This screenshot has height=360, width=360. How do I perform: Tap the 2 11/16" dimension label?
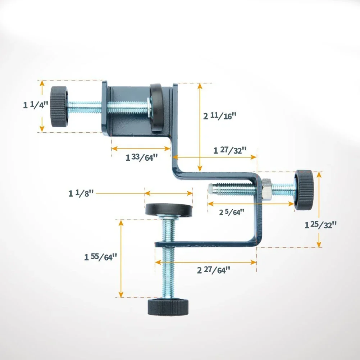coord(220,116)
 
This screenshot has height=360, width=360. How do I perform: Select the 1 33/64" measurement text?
coord(142,157)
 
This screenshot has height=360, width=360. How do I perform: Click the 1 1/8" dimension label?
coord(81,193)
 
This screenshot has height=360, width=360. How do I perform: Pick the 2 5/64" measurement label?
coord(232,212)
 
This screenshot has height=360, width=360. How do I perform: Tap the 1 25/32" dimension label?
coord(320,225)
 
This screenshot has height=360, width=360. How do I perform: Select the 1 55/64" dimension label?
coord(101,257)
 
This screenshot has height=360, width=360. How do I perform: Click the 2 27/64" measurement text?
coord(213,270)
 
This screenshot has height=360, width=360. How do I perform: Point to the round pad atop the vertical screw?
coord(169,210)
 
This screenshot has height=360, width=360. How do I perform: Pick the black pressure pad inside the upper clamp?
coord(157,107)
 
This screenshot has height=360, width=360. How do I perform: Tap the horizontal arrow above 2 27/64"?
coord(206,262)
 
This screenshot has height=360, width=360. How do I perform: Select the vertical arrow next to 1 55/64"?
coord(121,258)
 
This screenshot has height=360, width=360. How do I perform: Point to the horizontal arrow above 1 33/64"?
coord(141,148)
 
